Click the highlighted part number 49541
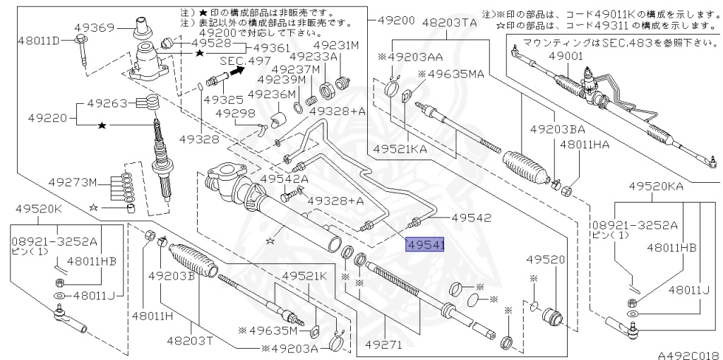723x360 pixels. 424,245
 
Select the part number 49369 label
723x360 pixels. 96,28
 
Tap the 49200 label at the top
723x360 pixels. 396,20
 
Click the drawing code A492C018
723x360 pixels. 689,355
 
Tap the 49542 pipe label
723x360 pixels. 471,217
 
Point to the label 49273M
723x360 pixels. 74,183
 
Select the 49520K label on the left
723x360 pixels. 38,209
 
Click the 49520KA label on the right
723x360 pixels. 656,186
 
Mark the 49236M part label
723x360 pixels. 272,94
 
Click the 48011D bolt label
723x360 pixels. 40,40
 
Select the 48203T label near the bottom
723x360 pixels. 190,341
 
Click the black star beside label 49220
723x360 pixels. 102,125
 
